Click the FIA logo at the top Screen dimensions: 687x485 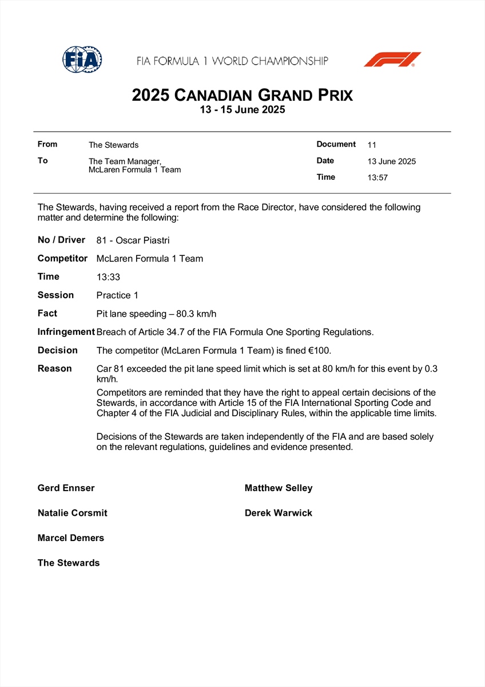click(x=82, y=59)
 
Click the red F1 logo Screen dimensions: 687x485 click(x=392, y=60)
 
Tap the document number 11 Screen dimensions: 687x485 click(x=372, y=145)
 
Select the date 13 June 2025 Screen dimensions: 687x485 click(x=392, y=161)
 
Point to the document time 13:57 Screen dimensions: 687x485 click(x=377, y=177)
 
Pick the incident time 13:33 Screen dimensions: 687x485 click(x=109, y=277)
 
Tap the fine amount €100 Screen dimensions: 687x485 click(x=320, y=350)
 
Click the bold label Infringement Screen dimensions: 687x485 click(x=66, y=332)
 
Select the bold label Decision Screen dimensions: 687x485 click(x=57, y=350)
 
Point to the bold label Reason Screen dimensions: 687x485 click(x=54, y=369)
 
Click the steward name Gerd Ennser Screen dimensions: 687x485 click(x=66, y=488)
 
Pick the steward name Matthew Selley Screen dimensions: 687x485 click(x=279, y=488)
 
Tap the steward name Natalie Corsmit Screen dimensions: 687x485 click(x=72, y=513)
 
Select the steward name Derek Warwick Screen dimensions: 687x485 click(x=279, y=513)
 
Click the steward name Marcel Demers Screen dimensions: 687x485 click(x=71, y=538)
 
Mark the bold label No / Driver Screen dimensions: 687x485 click(x=61, y=240)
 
